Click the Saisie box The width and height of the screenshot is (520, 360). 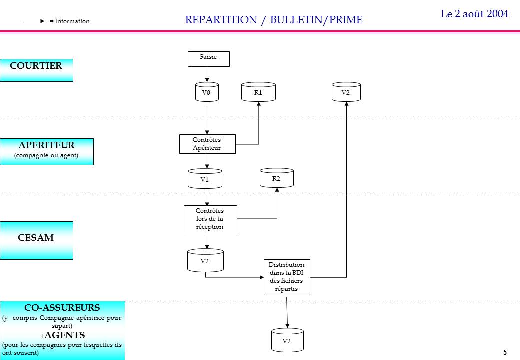[x=208, y=59]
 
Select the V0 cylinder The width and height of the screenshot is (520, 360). [x=207, y=93]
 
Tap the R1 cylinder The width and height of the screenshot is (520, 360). [x=258, y=93]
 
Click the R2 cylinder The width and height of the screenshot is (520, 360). [x=276, y=178]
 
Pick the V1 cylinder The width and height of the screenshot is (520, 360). [x=205, y=179]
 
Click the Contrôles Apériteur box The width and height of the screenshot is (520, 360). [x=207, y=144]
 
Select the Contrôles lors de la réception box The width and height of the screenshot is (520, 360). [x=210, y=219]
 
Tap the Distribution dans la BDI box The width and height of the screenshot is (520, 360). [x=287, y=277]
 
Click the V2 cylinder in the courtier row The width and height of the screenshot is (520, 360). [x=346, y=93]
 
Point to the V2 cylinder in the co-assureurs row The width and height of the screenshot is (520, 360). [x=287, y=341]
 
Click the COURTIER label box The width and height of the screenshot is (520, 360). [x=36, y=70]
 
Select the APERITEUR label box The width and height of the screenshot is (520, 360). [x=46, y=151]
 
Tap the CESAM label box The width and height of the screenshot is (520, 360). [x=36, y=240]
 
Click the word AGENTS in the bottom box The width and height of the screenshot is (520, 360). [x=64, y=335]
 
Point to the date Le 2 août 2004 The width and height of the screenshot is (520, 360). [x=474, y=14]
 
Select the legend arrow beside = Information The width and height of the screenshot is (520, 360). [x=34, y=21]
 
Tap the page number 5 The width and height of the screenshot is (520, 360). [x=505, y=352]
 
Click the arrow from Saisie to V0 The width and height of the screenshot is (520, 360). [x=207, y=74]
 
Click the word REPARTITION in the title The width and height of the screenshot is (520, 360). [x=220, y=20]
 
